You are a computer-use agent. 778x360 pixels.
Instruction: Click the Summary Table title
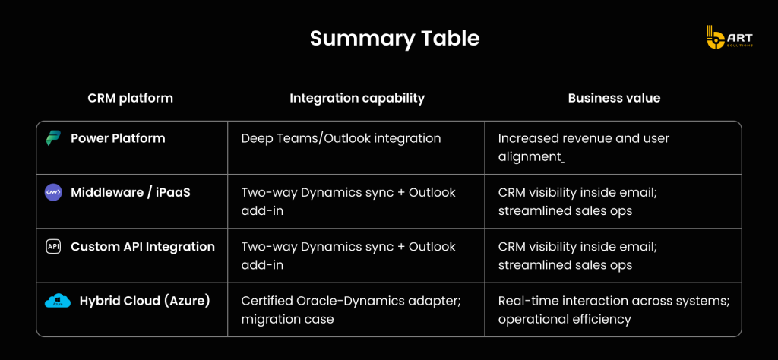pyautogui.click(x=394, y=39)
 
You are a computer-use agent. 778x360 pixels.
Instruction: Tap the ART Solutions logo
pyautogui.click(x=729, y=37)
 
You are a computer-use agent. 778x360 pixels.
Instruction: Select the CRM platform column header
pyautogui.click(x=131, y=98)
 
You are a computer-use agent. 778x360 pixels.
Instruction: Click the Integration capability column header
pyautogui.click(x=357, y=98)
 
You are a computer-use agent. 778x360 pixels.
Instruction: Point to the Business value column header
pyautogui.click(x=614, y=98)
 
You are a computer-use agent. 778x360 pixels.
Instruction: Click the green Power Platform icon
pyautogui.click(x=52, y=138)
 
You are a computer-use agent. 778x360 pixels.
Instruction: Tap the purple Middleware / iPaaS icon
pyautogui.click(x=53, y=192)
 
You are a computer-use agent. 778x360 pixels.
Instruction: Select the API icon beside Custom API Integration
pyautogui.click(x=53, y=246)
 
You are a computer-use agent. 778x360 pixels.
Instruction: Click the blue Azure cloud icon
pyautogui.click(x=58, y=301)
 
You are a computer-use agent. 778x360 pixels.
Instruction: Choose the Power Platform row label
pyautogui.click(x=118, y=138)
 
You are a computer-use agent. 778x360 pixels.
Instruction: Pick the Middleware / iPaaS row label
pyautogui.click(x=131, y=192)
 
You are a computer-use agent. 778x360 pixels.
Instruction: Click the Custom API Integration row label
pyautogui.click(x=143, y=246)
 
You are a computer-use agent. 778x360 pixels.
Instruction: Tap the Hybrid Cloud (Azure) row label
pyautogui.click(x=145, y=301)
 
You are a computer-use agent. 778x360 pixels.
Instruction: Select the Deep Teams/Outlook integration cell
pyautogui.click(x=341, y=138)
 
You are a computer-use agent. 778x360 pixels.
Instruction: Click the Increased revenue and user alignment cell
pyautogui.click(x=584, y=147)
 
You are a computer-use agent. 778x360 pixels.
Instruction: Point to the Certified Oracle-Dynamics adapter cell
pyautogui.click(x=351, y=309)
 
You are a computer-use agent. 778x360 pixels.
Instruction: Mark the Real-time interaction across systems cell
pyautogui.click(x=614, y=309)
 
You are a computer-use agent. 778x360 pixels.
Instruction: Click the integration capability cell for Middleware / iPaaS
pyautogui.click(x=348, y=201)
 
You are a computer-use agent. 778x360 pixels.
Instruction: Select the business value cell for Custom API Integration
pyautogui.click(x=577, y=255)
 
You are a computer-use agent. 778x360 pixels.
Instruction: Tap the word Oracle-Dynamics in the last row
pyautogui.click(x=362, y=301)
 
